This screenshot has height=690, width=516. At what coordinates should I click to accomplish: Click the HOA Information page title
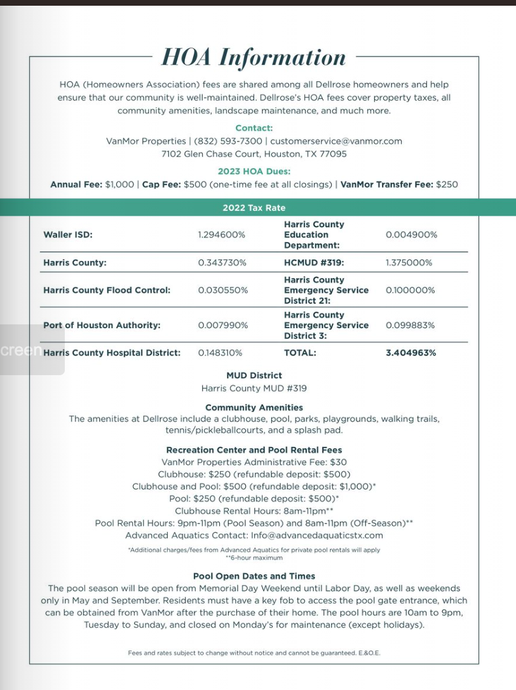[254, 57]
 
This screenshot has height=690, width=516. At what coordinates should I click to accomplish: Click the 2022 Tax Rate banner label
[254, 208]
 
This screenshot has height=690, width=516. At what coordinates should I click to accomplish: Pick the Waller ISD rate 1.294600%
[222, 235]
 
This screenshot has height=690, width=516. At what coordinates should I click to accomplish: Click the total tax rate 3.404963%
[411, 352]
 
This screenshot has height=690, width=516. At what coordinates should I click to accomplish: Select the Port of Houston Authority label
[102, 325]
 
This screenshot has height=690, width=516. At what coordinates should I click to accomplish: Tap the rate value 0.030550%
[223, 290]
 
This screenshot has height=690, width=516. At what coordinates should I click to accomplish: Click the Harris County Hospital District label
[112, 352]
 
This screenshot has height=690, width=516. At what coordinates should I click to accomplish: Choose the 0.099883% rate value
[410, 325]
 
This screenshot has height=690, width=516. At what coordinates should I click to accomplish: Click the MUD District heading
[254, 375]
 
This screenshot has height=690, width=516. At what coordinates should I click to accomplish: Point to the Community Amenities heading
[254, 407]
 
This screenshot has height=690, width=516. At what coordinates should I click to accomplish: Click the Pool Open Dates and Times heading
[254, 576]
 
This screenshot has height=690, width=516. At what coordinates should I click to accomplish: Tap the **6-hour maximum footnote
[254, 558]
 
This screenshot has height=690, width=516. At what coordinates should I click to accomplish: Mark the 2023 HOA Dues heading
[254, 171]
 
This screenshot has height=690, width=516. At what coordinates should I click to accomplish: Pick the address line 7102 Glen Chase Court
[254, 154]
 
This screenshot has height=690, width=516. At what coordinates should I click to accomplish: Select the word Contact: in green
[254, 128]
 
